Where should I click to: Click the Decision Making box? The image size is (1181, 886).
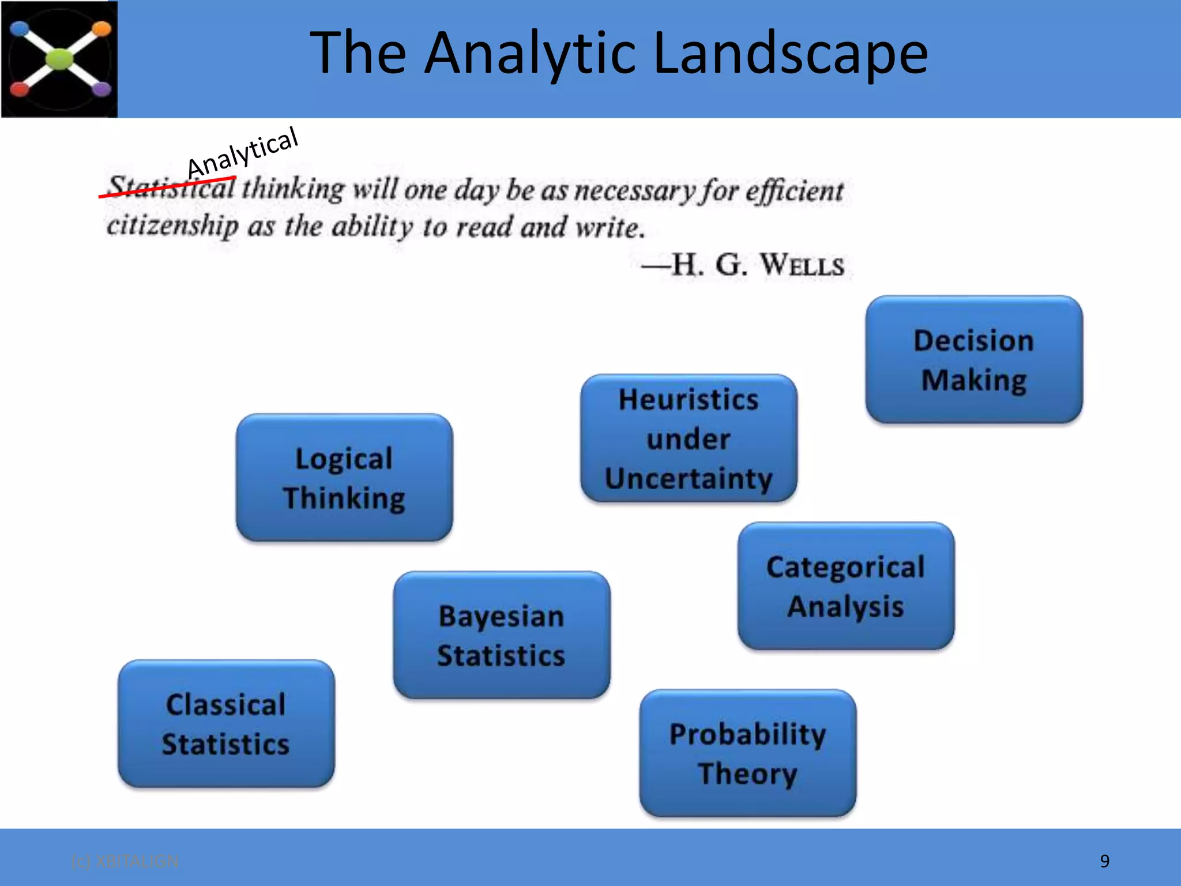973,360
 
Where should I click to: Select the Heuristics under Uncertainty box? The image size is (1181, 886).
689,438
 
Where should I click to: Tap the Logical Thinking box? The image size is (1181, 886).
344,478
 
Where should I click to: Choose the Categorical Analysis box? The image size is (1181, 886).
845,586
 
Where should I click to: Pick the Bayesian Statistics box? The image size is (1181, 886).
501,635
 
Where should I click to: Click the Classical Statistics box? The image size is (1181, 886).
226,724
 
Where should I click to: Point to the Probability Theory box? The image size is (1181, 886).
747,753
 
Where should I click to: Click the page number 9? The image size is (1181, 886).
1104,861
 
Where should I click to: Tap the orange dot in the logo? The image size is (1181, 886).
101,28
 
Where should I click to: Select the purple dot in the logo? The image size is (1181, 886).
101,89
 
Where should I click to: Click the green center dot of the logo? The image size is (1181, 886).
59,59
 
